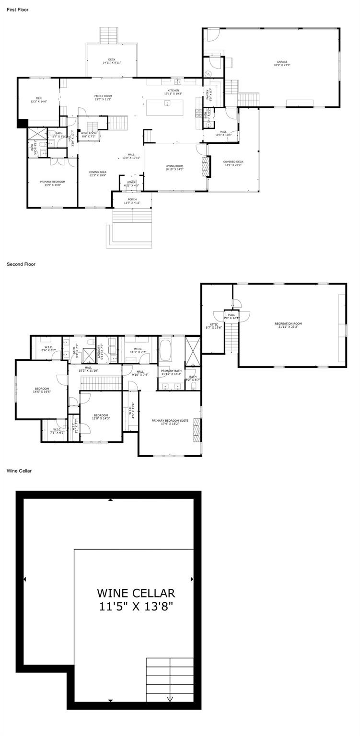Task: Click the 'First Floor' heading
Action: (x=18, y=10)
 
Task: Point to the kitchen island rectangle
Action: (x=167, y=107)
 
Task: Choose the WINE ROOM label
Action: (x=89, y=134)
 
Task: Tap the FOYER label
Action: (x=131, y=184)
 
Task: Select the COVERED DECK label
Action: (x=233, y=163)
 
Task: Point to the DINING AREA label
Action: (x=97, y=173)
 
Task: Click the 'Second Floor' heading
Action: (x=21, y=264)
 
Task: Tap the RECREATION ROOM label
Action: (x=288, y=325)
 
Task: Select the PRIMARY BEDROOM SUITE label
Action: (x=170, y=422)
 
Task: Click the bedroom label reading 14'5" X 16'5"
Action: (x=42, y=390)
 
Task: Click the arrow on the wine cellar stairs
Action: (x=170, y=699)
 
